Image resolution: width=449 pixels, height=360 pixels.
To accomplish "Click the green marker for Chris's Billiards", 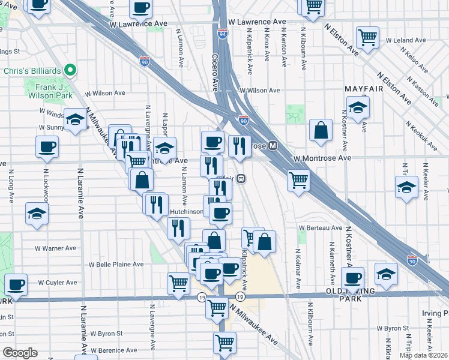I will point(70,71).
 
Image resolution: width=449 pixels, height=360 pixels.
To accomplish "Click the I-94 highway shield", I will point(223,35).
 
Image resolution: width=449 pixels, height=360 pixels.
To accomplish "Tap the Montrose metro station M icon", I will point(273,146).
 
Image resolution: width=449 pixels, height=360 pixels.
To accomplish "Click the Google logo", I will point(20,353).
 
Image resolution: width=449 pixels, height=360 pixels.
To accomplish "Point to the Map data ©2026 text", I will point(423,355).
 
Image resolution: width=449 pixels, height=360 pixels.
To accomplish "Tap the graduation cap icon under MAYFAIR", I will point(358,108).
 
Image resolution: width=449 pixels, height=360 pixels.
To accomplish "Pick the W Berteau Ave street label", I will point(320,228).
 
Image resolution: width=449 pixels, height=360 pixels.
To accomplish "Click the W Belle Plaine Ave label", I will point(117,264).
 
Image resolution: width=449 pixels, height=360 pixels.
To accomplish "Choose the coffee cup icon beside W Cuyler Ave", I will point(16,284).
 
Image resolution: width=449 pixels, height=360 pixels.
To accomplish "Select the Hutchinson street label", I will point(186,212).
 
